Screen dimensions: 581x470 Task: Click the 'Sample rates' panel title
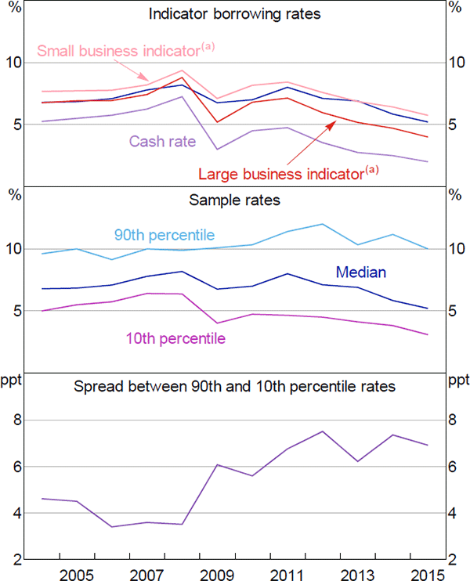[235, 200]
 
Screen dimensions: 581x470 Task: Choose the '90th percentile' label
[164, 235]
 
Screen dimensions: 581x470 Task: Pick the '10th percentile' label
[175, 338]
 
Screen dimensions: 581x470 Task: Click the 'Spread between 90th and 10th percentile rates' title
[235, 385]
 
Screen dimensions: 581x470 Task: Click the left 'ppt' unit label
[13, 381]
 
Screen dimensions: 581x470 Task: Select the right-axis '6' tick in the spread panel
[457, 467]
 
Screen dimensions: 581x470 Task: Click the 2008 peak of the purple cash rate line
[182, 97]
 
